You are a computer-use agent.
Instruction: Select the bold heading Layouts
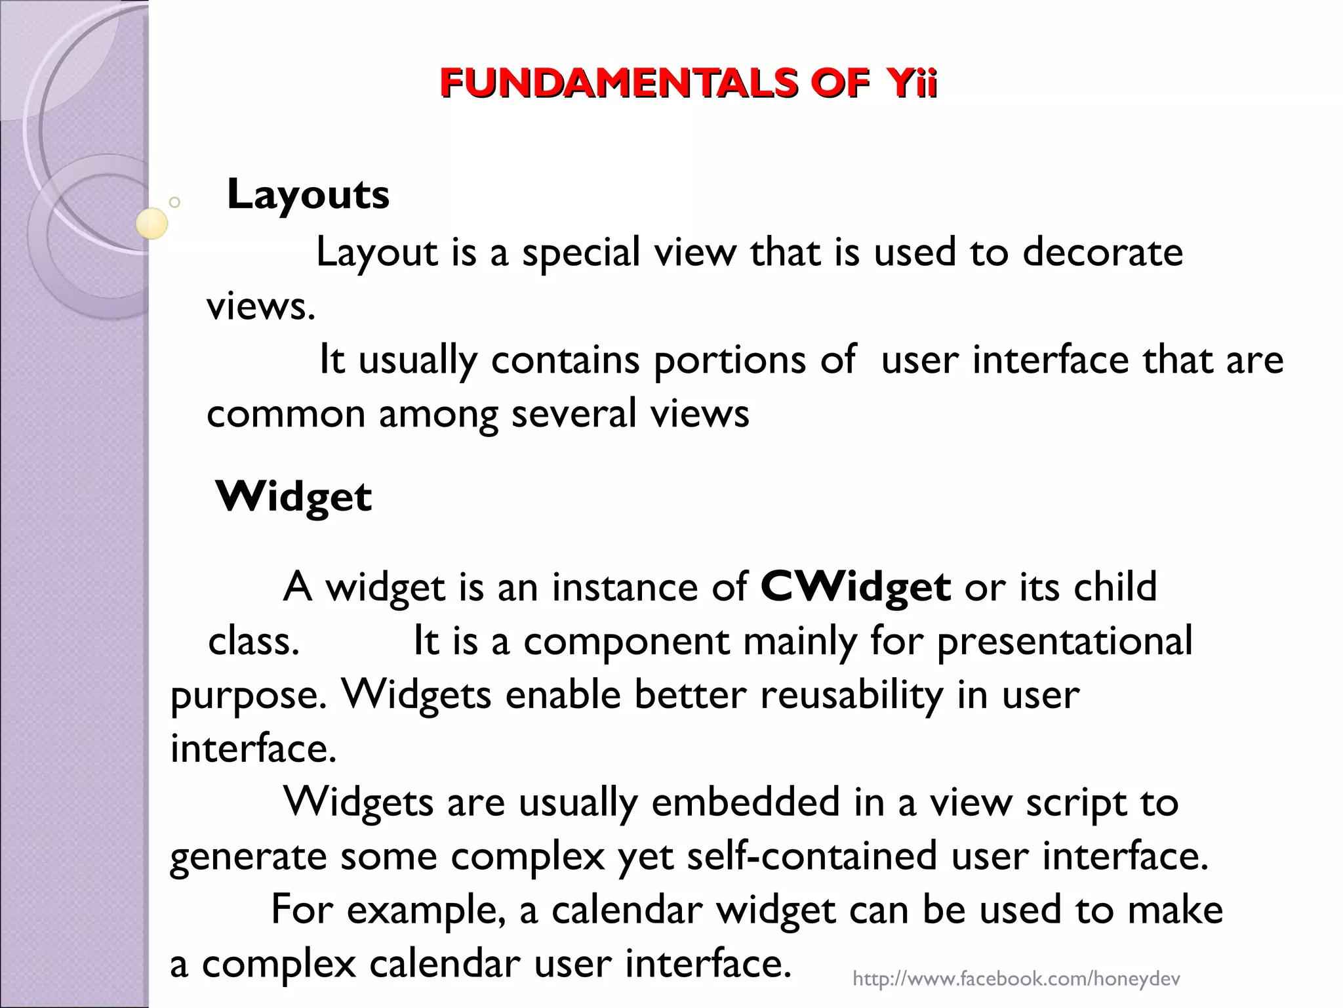click(308, 194)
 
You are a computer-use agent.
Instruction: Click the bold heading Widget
click(293, 496)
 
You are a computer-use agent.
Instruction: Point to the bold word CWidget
click(855, 586)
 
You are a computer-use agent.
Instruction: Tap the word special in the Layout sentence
click(580, 253)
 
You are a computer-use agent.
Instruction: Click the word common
click(285, 415)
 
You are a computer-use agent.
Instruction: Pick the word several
click(574, 415)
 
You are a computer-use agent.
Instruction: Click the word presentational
click(1064, 641)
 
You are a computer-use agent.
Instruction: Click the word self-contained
click(812, 856)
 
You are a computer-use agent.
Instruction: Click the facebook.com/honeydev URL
click(1016, 979)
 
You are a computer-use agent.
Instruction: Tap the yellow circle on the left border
click(151, 223)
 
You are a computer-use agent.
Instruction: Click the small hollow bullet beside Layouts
click(174, 202)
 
